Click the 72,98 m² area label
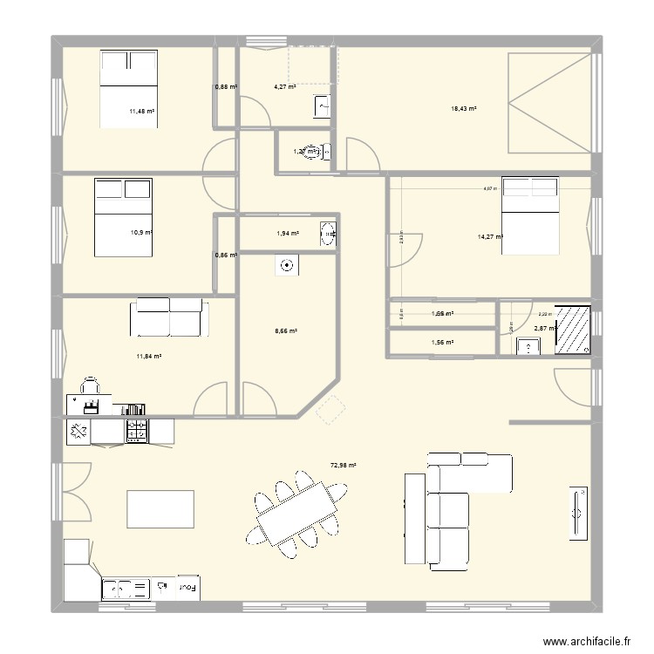[x=343, y=466]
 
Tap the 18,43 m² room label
[x=463, y=108]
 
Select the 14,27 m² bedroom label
[x=490, y=235]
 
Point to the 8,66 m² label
[x=286, y=331]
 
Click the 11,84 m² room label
[x=149, y=356]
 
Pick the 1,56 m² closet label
[x=443, y=343]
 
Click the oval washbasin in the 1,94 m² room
[x=329, y=233]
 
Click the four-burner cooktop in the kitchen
[x=138, y=430]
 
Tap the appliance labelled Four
[x=187, y=589]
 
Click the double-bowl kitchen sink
[x=126, y=589]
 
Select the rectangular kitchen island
[x=160, y=508]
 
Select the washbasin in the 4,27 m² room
[x=321, y=106]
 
